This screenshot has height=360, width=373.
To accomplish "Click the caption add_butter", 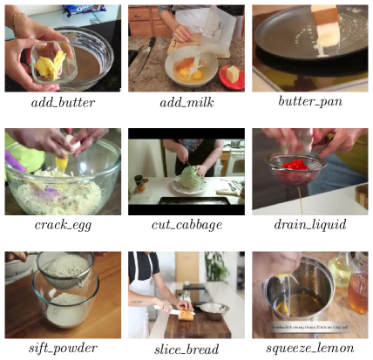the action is tap(63, 103).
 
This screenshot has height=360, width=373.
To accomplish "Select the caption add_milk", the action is tap(186, 103).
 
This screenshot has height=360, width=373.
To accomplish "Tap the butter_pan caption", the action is tap(310, 101).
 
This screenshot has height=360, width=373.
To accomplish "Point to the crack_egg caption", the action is tap(63, 225).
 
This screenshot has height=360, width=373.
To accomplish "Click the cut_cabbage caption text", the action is tap(186, 225).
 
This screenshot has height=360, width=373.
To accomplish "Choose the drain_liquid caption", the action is tap(310, 225).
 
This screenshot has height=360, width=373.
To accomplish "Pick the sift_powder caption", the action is tap(63, 349).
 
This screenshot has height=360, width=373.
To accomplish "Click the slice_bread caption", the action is tap(186, 349).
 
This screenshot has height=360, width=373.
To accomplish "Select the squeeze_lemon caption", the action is tap(310, 349).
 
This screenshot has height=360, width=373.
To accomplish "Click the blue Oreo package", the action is tap(85, 10).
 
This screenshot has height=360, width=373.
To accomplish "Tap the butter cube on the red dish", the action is tap(233, 74).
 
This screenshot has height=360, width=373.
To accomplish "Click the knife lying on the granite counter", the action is tap(146, 55).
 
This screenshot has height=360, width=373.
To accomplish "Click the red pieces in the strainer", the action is tap(295, 165).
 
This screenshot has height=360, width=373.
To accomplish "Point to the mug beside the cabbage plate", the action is tap(140, 184).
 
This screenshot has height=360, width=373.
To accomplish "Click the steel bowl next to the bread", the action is tap(214, 310).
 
